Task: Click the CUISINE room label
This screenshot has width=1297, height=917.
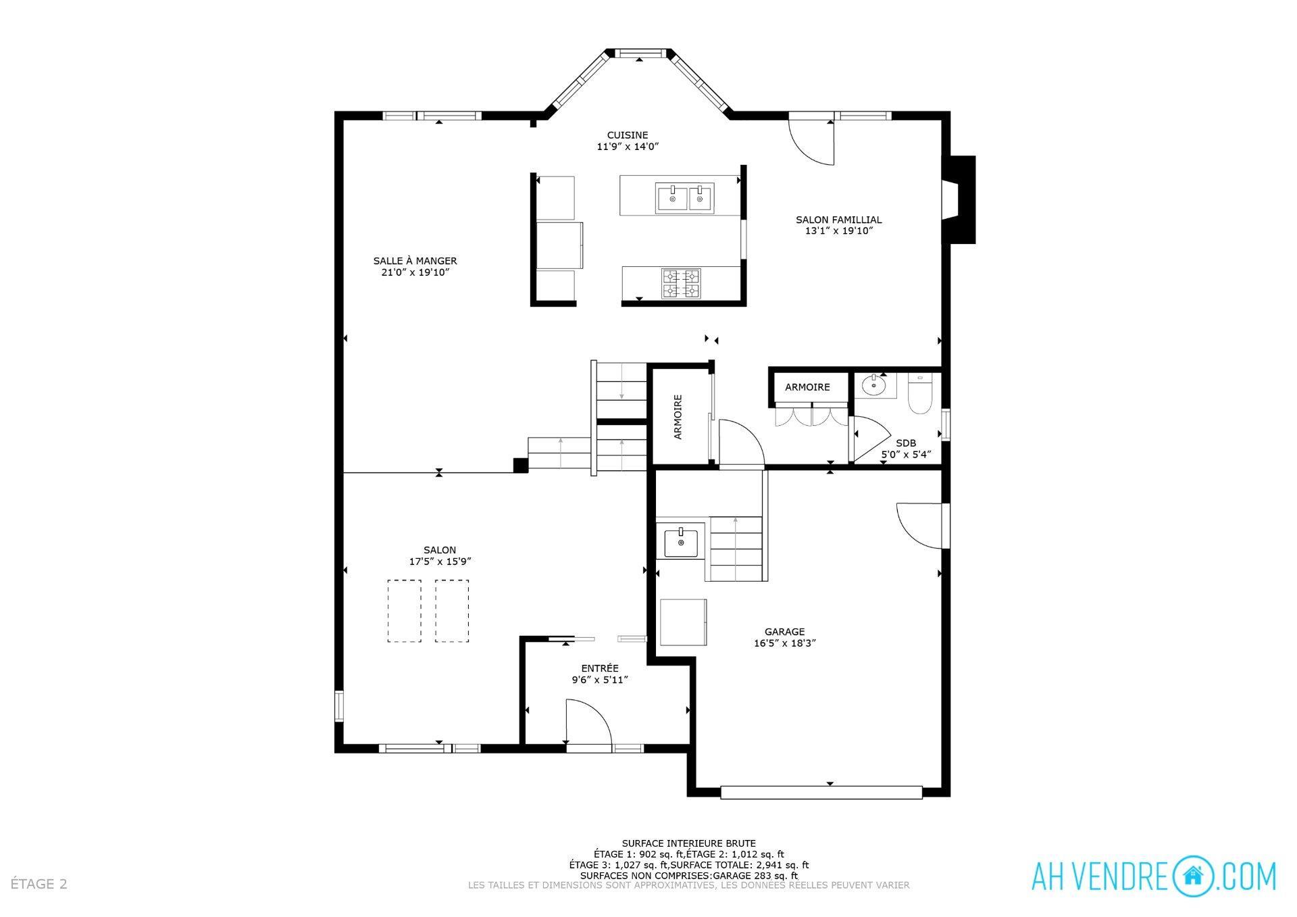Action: point(627,135)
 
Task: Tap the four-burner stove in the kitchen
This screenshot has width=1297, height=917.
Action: point(680,283)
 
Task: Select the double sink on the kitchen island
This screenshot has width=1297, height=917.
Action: point(684,199)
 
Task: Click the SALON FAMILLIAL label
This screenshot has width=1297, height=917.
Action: point(838,220)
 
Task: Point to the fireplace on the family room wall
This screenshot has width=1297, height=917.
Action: point(959,199)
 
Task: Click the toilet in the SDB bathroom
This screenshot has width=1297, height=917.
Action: point(919,395)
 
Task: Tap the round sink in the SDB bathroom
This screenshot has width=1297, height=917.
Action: point(874,386)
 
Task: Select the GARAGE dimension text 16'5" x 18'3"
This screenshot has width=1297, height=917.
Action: point(784,644)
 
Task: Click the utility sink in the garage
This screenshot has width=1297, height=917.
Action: point(680,543)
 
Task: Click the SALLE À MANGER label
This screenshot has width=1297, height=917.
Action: point(415,261)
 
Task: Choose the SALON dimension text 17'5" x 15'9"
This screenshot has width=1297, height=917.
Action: point(440,562)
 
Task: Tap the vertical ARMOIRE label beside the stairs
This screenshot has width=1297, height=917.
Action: point(678,417)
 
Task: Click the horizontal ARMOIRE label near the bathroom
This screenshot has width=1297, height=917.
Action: point(807,387)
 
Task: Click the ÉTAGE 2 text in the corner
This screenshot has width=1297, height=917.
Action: point(39,884)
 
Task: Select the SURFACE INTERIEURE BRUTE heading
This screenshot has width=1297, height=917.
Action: point(688,843)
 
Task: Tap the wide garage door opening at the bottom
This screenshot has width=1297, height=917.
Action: point(821,792)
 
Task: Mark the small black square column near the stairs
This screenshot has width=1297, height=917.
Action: point(520,465)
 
